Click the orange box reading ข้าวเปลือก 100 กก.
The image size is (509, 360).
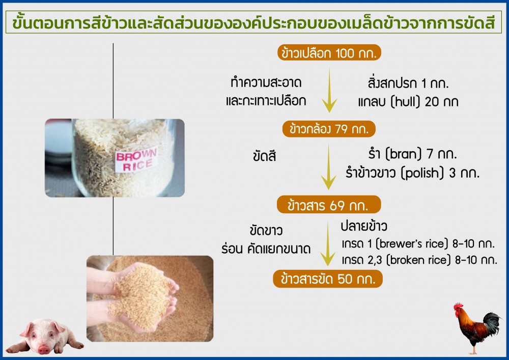click(329, 52)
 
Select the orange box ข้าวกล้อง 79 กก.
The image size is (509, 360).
click(329, 129)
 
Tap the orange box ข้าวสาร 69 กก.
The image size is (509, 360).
click(328, 205)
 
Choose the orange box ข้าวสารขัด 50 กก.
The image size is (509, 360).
click(328, 279)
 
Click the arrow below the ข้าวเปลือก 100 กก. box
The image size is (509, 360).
click(329, 90)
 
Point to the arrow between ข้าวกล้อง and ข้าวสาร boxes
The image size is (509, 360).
click(328, 167)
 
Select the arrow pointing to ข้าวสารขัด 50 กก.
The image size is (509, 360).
click(328, 243)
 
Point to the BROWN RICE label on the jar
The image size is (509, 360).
click(136, 160)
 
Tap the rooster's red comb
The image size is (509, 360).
click(458, 306)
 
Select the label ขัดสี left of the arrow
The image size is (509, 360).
click(265, 156)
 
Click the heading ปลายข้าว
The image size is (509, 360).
click(364, 226)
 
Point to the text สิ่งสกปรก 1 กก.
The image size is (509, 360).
click(408, 83)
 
